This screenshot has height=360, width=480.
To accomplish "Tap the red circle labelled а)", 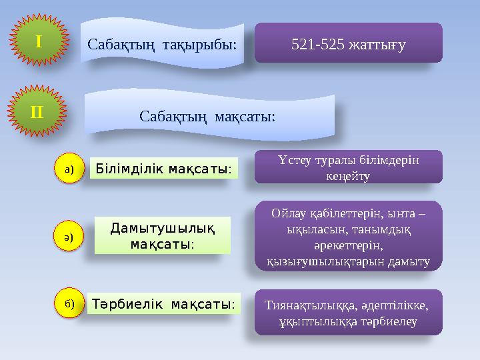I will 69,170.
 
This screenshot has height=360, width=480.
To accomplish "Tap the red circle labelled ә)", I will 69,237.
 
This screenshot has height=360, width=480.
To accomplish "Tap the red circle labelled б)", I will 69,303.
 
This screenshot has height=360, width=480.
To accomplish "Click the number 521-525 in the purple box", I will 316,44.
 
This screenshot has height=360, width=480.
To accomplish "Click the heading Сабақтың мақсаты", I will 207,116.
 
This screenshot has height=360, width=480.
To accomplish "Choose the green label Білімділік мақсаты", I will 163,170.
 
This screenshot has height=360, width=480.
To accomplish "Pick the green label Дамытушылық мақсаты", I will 162,235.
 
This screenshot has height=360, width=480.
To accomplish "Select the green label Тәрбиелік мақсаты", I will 163,304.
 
